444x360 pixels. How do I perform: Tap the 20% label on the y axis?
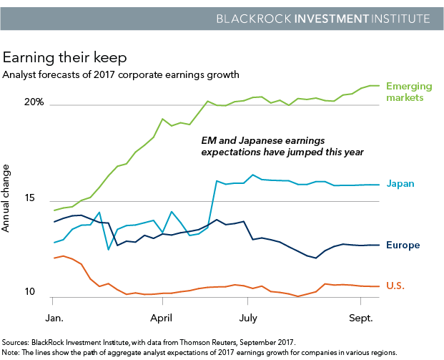tap(34, 102)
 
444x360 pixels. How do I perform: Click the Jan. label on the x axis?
tap(55, 316)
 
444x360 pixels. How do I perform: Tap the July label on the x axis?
tap(248, 316)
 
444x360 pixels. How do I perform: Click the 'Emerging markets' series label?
tap(409, 92)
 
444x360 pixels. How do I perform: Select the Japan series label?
tap(400, 184)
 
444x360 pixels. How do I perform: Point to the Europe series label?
tap(403, 245)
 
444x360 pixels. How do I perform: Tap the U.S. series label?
tap(395, 286)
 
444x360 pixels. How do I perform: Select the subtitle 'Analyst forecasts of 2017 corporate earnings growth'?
tap(121, 74)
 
